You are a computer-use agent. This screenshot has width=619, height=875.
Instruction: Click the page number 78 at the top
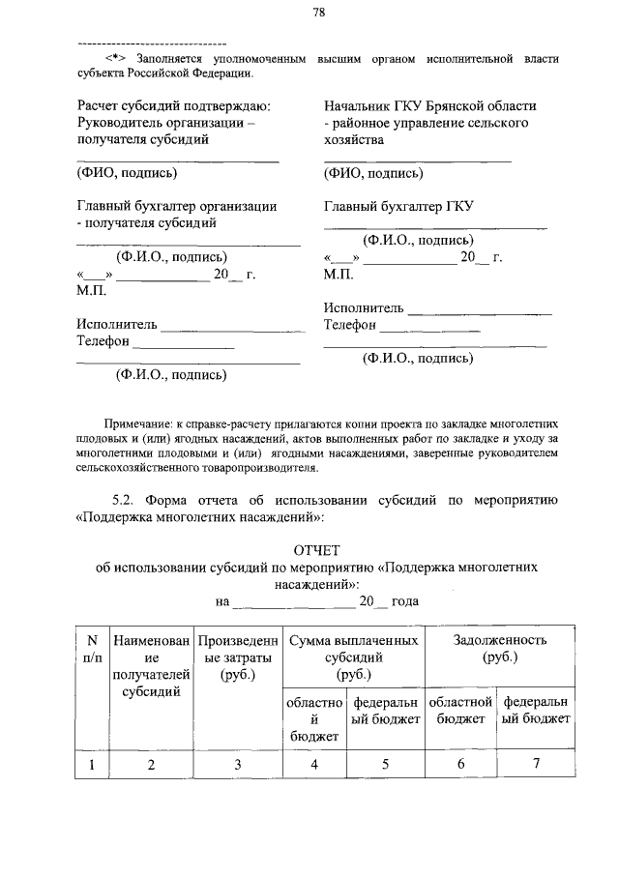(318, 13)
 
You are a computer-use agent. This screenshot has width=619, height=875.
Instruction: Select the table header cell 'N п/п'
(92, 648)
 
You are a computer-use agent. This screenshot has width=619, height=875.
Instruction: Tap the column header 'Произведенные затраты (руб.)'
(237, 657)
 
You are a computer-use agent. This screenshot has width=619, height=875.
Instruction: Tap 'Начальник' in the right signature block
(360, 105)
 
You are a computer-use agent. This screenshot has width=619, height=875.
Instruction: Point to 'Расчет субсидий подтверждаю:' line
(173, 105)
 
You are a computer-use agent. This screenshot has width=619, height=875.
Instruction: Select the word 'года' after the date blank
(405, 600)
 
